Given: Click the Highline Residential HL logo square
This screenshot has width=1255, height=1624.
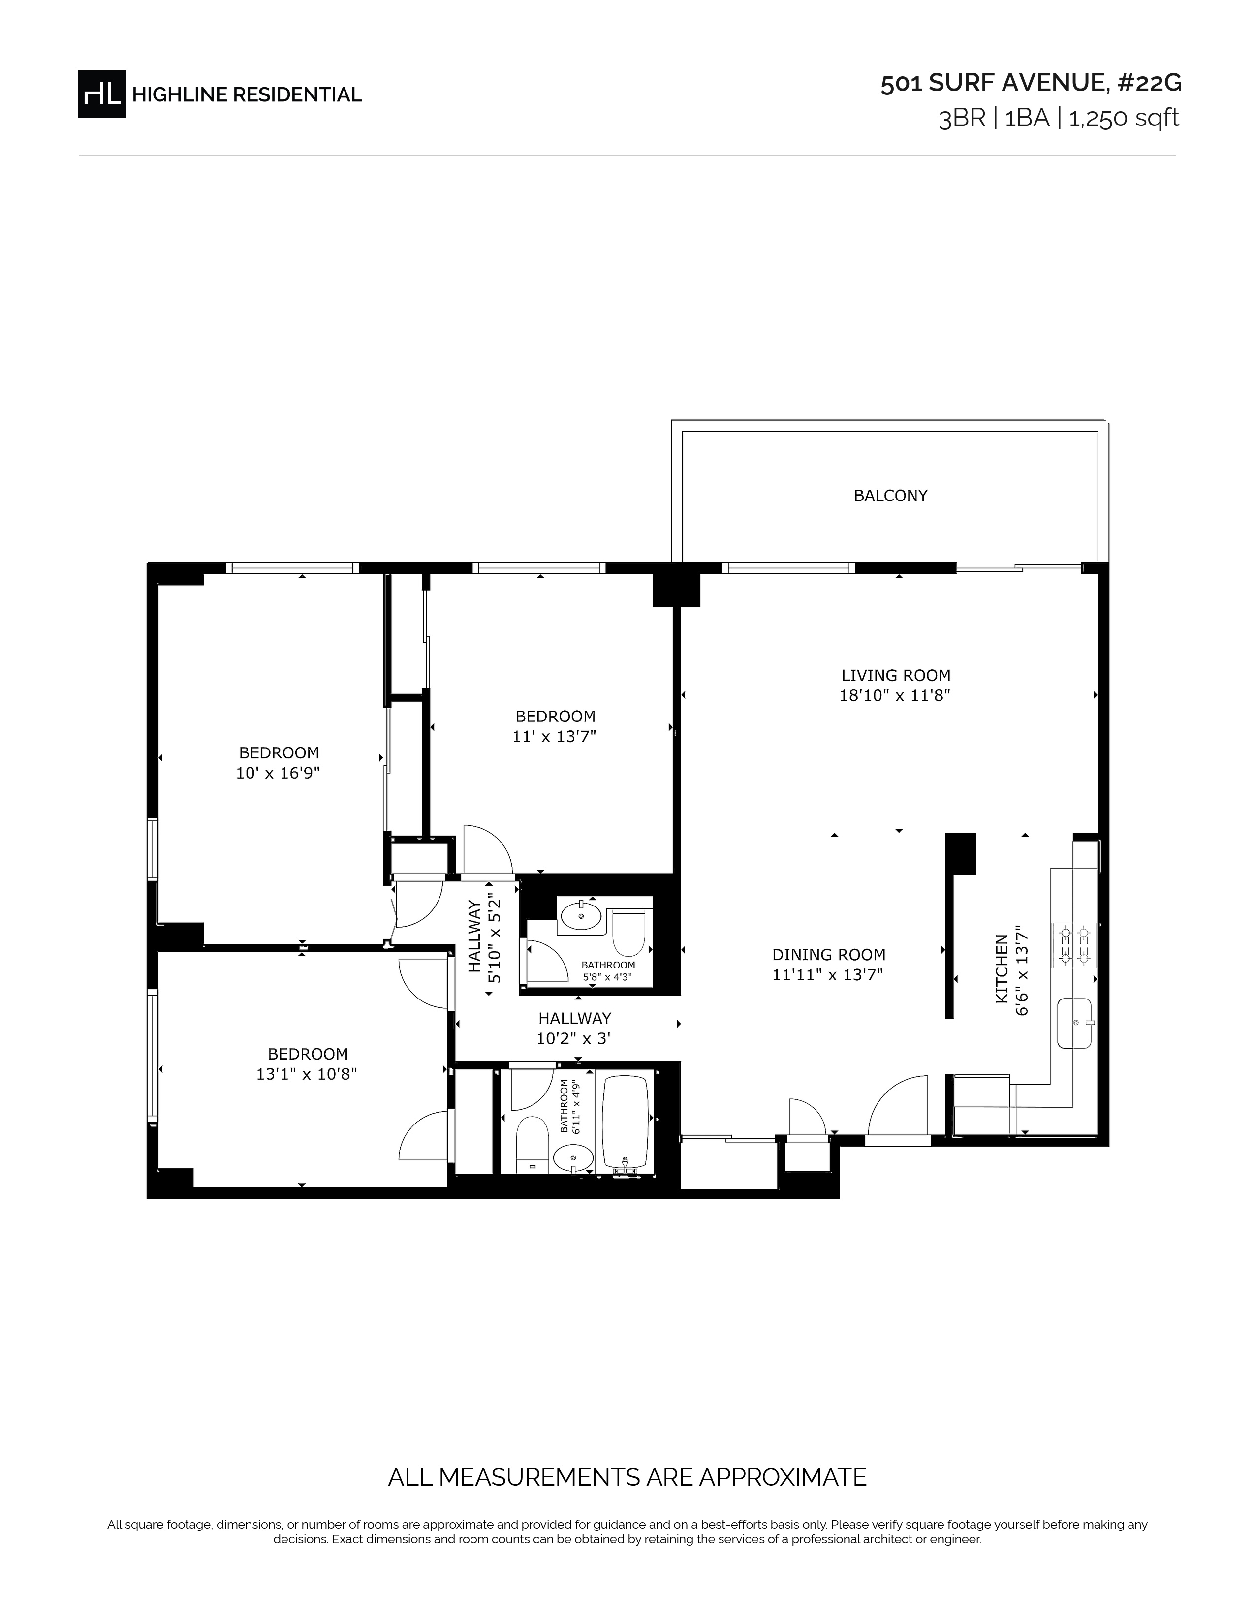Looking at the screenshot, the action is pos(102,94).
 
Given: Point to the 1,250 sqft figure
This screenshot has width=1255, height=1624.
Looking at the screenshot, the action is pos(1124,118).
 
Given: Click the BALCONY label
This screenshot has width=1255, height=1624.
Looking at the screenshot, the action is pos(890,495).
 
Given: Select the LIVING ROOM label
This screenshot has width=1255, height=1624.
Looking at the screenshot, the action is pos(896,675).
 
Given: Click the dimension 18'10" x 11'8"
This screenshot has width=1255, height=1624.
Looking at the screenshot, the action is pos(895,696).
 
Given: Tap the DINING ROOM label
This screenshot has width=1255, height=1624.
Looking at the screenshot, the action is pos(828,955).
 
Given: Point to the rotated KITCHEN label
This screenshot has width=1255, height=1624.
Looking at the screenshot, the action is pos(1002,969).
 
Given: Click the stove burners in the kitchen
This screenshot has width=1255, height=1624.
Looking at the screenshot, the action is pos(1073,944).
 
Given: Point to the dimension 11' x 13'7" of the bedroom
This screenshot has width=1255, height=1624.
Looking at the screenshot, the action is pos(555,736).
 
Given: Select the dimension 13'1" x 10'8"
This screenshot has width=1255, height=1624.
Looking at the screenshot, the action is pos(307,1074).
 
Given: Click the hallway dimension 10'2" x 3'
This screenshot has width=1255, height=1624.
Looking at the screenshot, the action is pos(574,1039).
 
